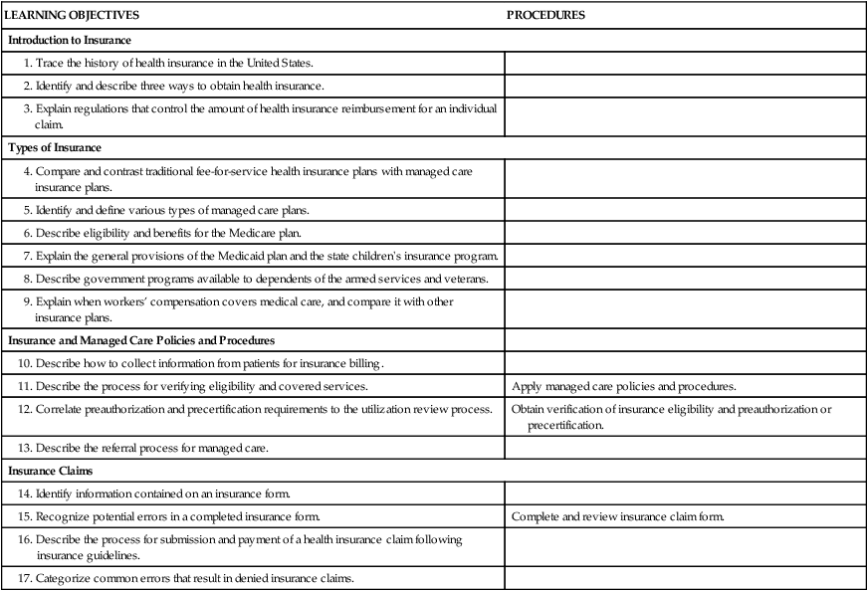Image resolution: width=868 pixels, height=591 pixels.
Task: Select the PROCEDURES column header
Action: tap(545, 16)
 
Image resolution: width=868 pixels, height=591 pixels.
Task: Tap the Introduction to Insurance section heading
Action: tap(70, 41)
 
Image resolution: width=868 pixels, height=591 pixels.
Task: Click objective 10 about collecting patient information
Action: tap(206, 363)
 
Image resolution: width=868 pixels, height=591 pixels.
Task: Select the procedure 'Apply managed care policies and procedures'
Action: tap(623, 386)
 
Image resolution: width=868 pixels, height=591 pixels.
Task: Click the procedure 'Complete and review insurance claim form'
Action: tap(617, 516)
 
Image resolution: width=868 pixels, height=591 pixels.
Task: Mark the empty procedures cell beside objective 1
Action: tap(685, 63)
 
